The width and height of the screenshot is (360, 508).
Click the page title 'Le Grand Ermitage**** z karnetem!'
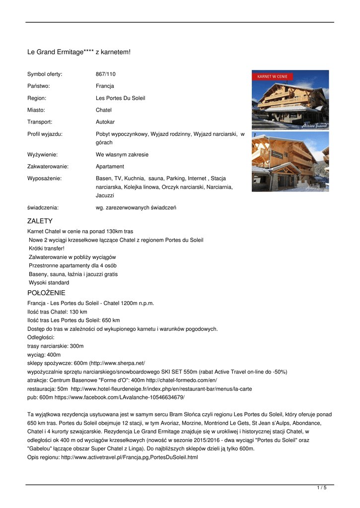[78, 52]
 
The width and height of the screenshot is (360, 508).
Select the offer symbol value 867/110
[105, 74]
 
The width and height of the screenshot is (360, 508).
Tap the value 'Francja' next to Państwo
[105, 86]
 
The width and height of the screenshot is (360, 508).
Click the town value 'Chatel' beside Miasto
[103, 110]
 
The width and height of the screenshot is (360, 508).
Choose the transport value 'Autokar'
[105, 122]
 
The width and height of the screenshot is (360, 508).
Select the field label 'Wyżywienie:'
[42, 155]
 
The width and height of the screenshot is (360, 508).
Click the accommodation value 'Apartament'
[110, 167]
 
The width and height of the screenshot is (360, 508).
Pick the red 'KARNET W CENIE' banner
[272, 77]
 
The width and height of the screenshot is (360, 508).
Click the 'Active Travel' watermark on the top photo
[315, 126]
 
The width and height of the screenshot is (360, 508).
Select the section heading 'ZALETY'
[40, 221]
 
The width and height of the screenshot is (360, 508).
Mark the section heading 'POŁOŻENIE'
[46, 293]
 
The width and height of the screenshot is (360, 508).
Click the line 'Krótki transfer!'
[47, 249]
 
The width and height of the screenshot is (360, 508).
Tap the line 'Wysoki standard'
[49, 283]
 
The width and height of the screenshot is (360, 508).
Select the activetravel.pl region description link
[129, 457]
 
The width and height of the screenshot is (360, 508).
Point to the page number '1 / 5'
[322, 488]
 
